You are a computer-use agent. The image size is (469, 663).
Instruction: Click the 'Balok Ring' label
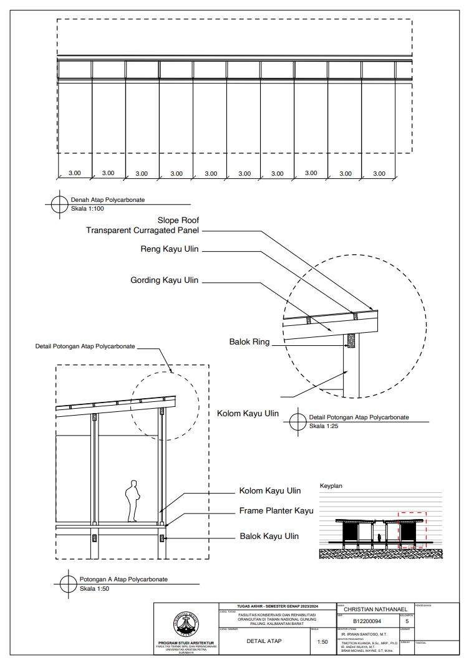tap(249, 341)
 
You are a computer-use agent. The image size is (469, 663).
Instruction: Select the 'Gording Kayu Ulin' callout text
tap(164, 280)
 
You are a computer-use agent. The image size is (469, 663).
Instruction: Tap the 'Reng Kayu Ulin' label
tap(170, 250)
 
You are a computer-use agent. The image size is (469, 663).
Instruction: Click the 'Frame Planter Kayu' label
tap(276, 511)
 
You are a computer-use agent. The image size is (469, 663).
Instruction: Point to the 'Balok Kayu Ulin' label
tap(269, 536)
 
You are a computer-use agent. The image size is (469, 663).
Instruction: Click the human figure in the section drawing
tap(132, 501)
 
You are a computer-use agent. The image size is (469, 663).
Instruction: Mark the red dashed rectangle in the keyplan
tap(412, 530)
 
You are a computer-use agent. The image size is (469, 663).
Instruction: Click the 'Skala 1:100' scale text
tap(87, 208)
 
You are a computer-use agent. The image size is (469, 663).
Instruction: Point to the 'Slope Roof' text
tap(178, 221)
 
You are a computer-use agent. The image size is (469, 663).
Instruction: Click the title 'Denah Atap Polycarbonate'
tap(107, 200)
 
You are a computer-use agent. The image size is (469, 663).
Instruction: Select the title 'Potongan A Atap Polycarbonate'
tap(123, 580)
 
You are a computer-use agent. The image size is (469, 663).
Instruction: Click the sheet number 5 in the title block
tap(407, 621)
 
